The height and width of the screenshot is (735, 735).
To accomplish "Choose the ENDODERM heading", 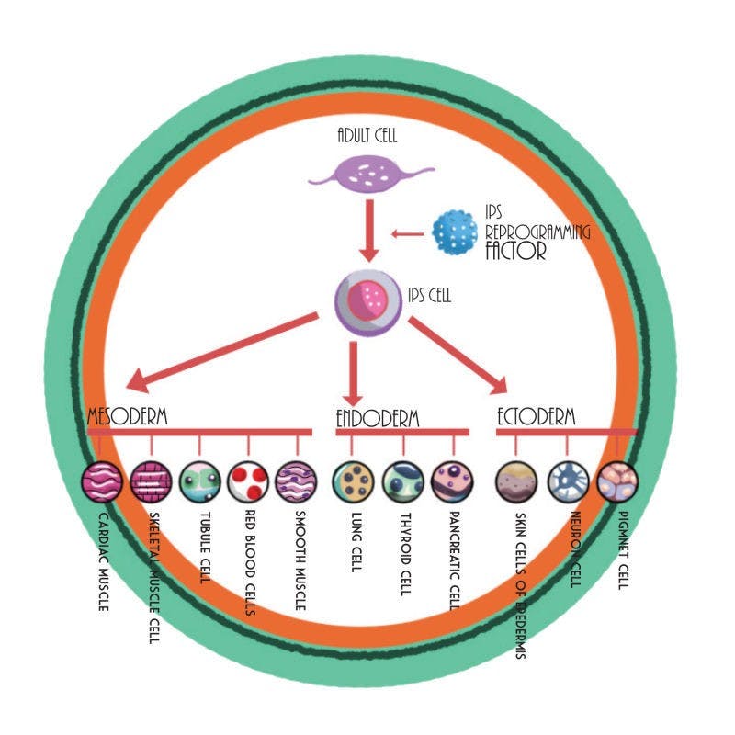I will [377, 419].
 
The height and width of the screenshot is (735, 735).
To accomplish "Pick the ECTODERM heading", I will [536, 416].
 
